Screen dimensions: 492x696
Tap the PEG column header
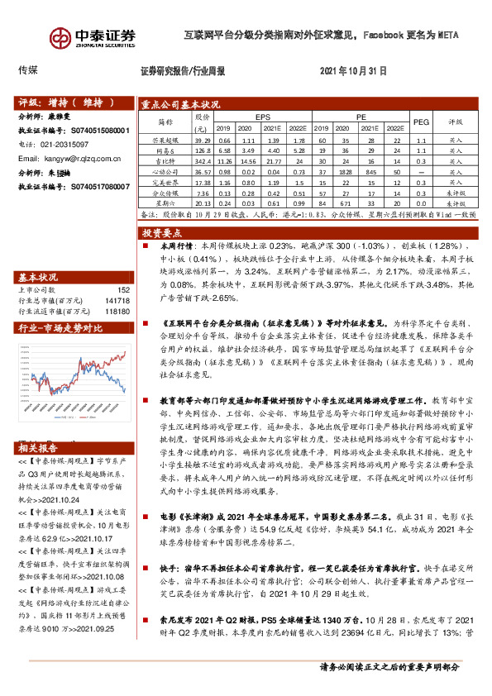click(x=421, y=122)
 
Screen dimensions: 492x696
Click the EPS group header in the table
click(x=262, y=117)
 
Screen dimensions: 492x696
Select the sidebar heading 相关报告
click(x=41, y=448)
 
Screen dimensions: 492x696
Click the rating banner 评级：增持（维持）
click(x=64, y=103)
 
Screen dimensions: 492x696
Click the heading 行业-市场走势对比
click(x=61, y=328)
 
